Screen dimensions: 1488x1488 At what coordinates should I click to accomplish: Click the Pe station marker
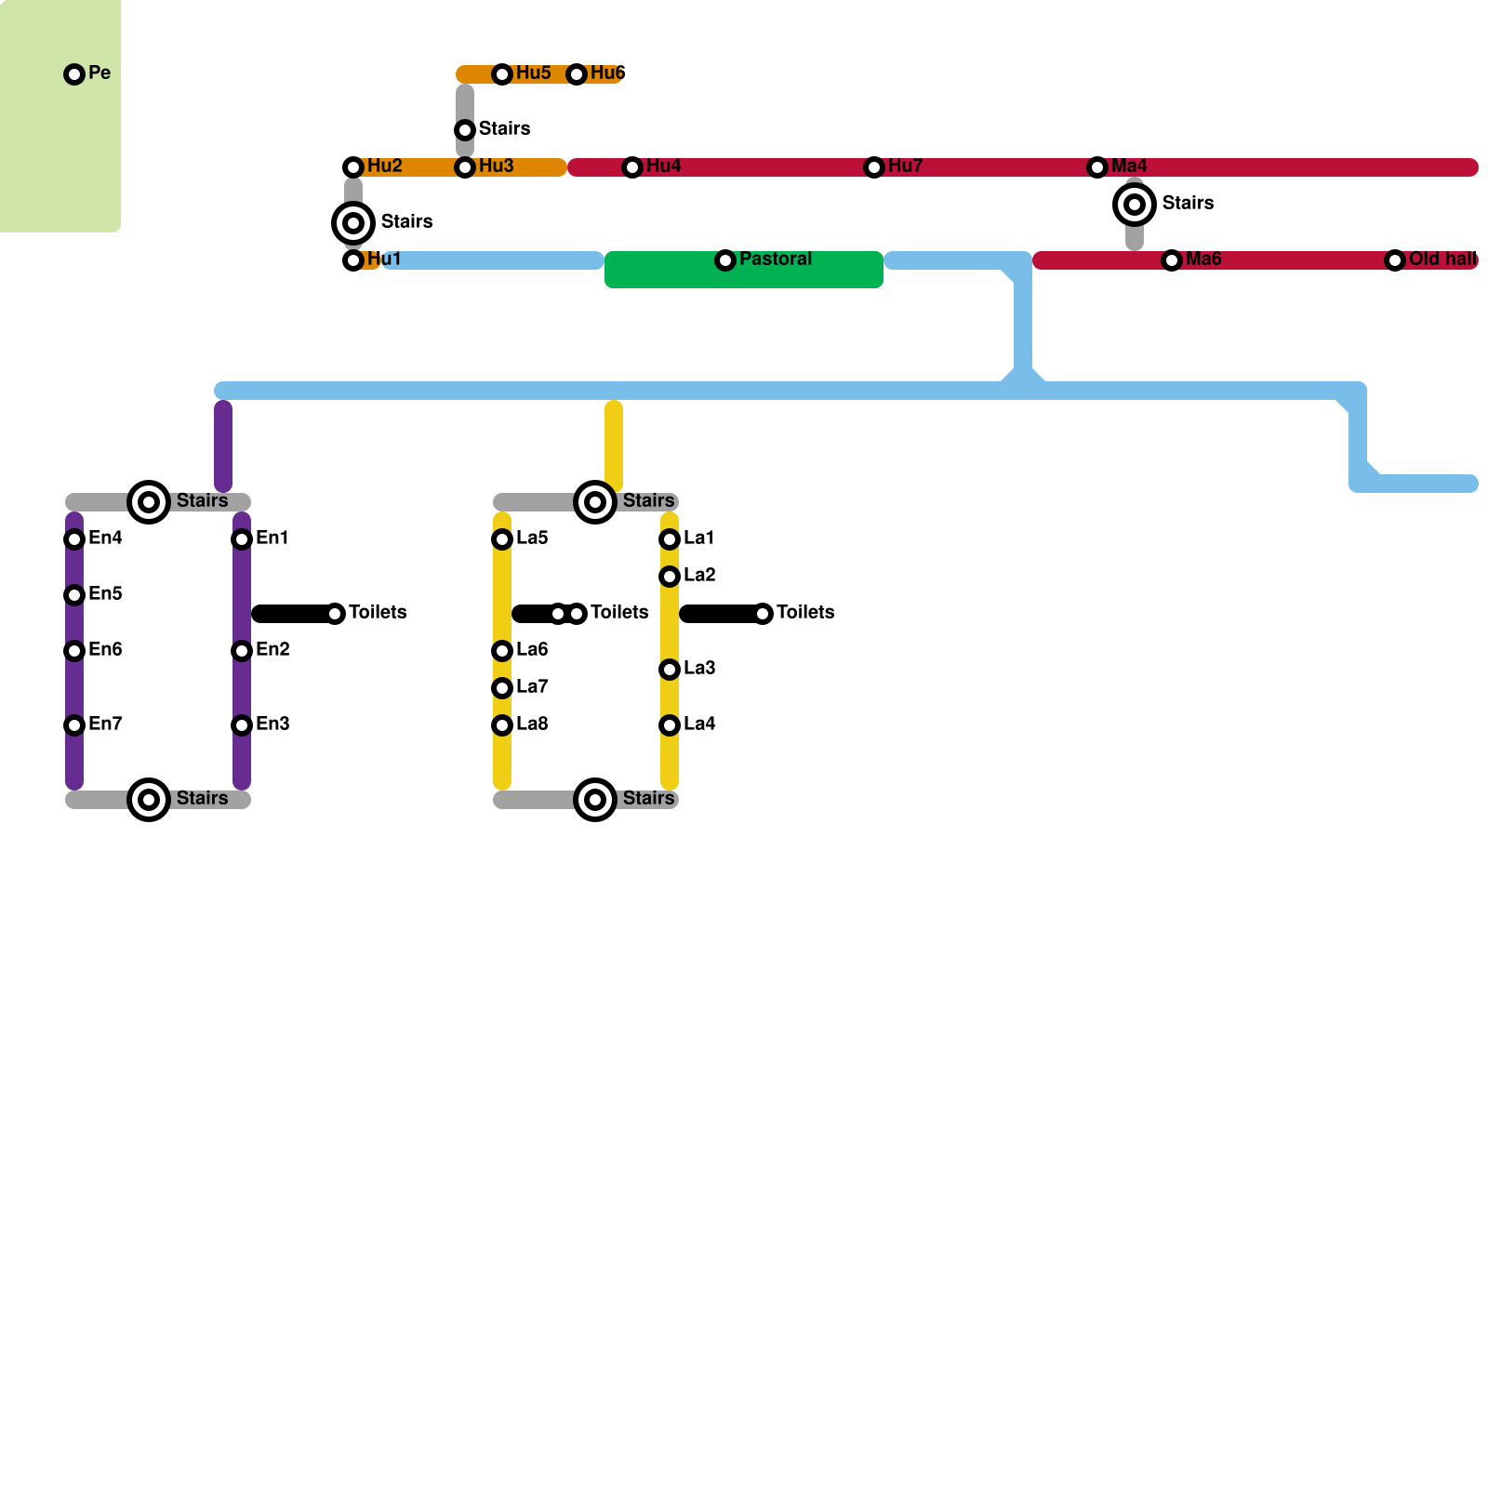pos(74,74)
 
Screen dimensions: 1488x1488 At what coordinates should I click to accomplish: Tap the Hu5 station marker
pos(502,74)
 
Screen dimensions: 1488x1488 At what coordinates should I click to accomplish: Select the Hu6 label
pos(607,73)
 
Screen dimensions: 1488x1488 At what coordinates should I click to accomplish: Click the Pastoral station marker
pos(725,260)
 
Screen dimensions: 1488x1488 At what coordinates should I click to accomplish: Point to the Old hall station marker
pos(1395,260)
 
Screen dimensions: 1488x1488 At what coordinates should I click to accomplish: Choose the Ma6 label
pos(1203,259)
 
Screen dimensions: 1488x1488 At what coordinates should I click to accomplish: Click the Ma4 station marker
pos(1097,167)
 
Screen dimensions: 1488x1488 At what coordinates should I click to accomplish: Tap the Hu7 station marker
pos(874,167)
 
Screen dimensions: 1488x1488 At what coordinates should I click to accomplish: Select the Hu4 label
pos(663,166)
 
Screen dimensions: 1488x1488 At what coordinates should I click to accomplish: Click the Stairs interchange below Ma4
pos(1135,205)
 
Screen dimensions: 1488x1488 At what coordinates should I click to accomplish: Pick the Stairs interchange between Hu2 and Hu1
pos(353,223)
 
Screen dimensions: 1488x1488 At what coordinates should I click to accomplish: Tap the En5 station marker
pos(74,595)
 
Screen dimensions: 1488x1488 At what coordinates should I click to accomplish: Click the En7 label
pos(105,724)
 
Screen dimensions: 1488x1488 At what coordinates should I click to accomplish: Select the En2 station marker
pos(242,651)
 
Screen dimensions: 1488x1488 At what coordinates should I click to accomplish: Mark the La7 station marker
pos(502,688)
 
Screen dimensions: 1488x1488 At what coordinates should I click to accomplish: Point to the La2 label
pos(699,576)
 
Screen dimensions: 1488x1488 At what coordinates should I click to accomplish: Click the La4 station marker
pos(670,725)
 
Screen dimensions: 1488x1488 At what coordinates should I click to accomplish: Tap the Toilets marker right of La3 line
pos(763,614)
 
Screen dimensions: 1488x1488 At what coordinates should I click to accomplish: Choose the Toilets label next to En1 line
pos(378,613)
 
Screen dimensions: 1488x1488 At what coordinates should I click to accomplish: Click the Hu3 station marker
pos(465,167)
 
